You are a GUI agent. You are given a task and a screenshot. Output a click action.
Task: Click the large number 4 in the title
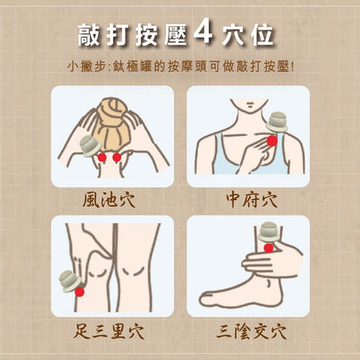click(203, 31)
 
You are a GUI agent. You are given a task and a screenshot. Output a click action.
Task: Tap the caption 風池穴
click(109, 200)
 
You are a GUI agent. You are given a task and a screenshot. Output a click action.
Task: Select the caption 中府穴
click(252, 200)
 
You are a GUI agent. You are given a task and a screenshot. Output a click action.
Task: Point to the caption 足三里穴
click(108, 331)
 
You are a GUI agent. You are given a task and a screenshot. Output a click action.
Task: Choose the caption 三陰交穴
click(252, 331)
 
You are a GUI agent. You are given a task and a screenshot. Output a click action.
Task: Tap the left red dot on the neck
click(102, 157)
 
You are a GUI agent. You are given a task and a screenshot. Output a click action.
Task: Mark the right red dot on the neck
click(117, 157)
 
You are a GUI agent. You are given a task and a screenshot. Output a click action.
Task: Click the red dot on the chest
click(272, 141)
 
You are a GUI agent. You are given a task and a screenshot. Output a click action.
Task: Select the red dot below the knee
click(80, 292)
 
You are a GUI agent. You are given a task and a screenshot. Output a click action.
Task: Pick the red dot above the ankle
click(268, 247)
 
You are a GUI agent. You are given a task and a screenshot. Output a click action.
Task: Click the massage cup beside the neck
click(90, 145)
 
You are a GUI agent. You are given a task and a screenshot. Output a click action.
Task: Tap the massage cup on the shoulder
click(277, 122)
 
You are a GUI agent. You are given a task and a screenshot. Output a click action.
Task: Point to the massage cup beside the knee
click(68, 281)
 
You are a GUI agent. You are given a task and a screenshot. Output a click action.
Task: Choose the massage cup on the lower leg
click(269, 232)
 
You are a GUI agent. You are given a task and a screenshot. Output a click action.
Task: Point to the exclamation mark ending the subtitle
click(292, 67)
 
